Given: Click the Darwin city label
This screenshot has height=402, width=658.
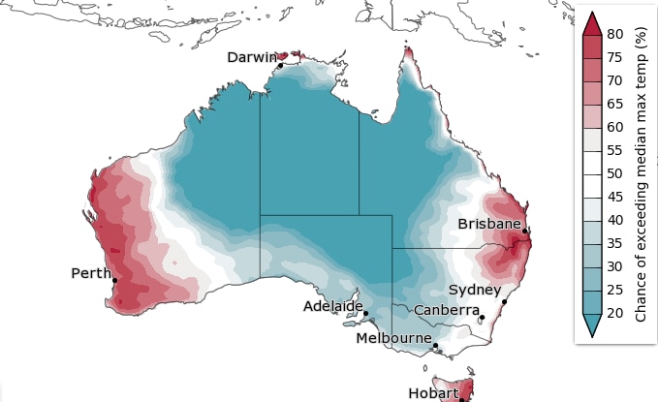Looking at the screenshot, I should pos(252,57).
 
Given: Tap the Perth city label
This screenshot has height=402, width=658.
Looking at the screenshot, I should pos(92,273).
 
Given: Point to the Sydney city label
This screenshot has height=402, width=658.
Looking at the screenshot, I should pos(475,290).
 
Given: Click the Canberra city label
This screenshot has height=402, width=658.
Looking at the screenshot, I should pos(446,310).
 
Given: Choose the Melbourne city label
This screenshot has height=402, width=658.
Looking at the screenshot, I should pos(393,338).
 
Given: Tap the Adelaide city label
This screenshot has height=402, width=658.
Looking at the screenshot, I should pos(332,306).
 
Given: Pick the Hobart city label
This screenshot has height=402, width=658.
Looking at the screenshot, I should pos(432,393).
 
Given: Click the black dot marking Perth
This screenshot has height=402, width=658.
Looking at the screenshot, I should pos(115,281).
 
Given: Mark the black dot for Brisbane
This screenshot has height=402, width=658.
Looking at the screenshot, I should pos(524,232).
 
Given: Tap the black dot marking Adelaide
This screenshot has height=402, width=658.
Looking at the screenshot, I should pos(365,313).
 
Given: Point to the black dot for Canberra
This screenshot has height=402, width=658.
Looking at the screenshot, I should pos(481,318).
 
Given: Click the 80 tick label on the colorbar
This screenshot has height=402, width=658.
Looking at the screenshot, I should pos(614,35).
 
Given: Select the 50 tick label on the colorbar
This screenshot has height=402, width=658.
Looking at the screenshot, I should pos(614,173).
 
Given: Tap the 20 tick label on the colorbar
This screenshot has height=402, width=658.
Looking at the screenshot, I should pos(614,313).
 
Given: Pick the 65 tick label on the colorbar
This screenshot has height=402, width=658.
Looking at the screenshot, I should pos(614,105).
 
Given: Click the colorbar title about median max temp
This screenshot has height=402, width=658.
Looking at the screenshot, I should pos(641,174).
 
